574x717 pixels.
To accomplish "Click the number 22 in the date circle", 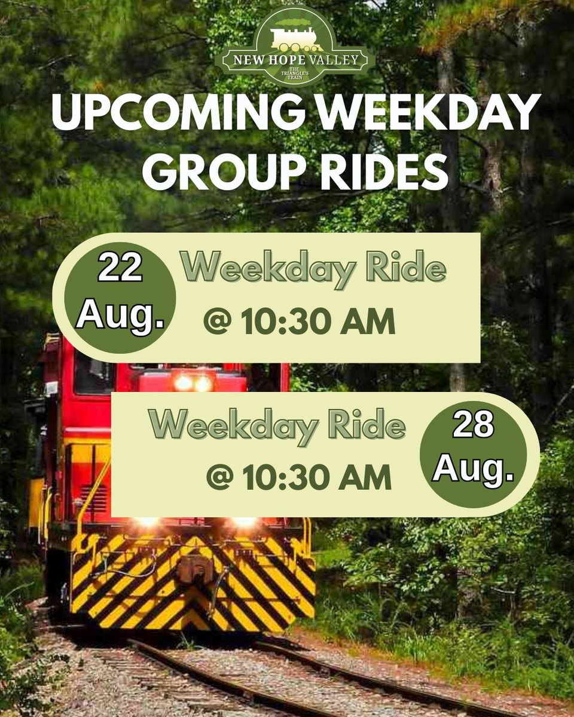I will pos(120,268).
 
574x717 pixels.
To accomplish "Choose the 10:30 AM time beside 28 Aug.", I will pos(317,477).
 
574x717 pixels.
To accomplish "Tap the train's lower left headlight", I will pos(146,522).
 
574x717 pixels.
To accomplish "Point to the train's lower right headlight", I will pos(244,522).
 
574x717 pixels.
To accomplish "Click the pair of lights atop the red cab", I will pos(193,382).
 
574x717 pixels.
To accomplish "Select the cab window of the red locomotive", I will pos(94,373).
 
